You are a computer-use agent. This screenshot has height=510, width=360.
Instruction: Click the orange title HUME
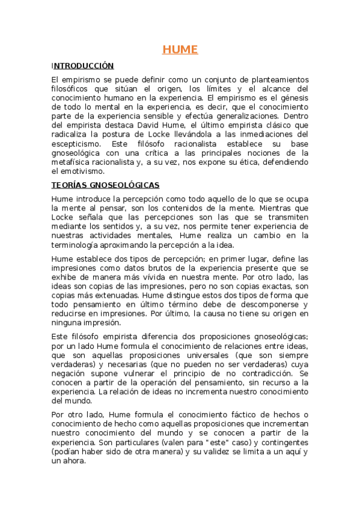click(x=180, y=50)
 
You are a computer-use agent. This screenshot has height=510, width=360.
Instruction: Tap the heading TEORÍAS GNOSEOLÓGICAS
click(x=105, y=185)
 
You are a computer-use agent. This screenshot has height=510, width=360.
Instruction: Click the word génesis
click(x=292, y=98)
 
